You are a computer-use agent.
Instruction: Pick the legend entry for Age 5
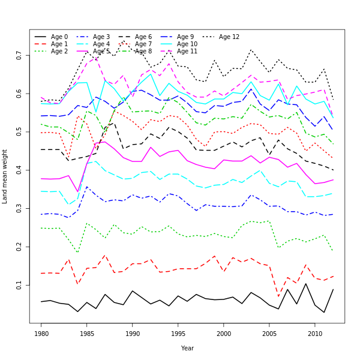point(101,51)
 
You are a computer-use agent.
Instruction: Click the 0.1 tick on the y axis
point(20,285)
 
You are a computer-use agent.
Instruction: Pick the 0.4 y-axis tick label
point(20,170)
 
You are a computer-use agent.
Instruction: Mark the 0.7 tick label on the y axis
point(20,56)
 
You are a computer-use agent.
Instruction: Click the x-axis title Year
point(187,348)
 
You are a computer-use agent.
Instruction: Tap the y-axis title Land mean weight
point(5,176)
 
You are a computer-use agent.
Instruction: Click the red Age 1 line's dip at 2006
point(278,296)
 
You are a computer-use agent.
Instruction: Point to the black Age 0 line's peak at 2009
point(305,284)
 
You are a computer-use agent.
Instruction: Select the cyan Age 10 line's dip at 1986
point(96,112)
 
